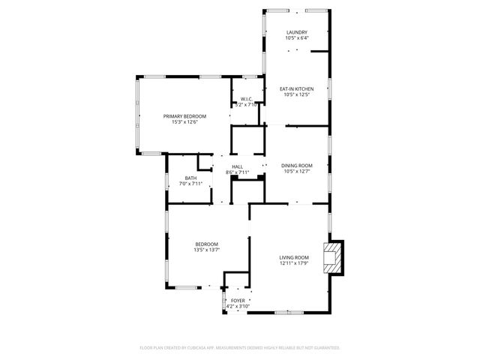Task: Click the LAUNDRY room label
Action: click(x=297, y=32)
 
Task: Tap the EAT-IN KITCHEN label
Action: click(x=297, y=88)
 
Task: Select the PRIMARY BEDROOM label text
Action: click(x=185, y=115)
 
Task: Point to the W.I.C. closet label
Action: click(x=249, y=99)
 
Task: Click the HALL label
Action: click(x=237, y=166)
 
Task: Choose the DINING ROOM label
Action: click(x=297, y=165)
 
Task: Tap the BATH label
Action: click(x=190, y=178)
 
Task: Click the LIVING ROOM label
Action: click(x=294, y=257)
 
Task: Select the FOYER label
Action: click(x=237, y=300)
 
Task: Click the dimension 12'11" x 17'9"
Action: click(x=294, y=263)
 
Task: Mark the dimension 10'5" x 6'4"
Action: click(x=297, y=38)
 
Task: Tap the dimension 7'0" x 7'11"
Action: click(x=190, y=184)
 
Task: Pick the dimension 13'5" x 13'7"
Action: click(x=207, y=250)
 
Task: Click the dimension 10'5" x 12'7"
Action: click(x=297, y=171)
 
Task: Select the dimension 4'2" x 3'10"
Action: click(x=237, y=306)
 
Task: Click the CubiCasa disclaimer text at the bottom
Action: click(x=240, y=348)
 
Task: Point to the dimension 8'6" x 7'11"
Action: click(x=237, y=172)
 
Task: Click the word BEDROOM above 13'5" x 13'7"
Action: click(x=207, y=244)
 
